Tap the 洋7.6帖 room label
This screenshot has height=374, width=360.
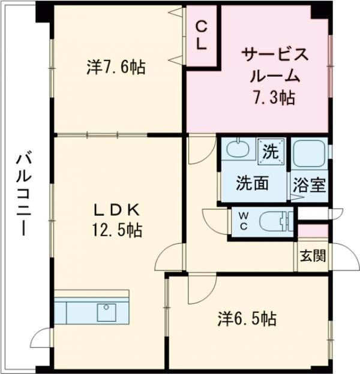(x=116, y=67)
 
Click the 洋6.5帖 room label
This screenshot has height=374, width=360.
(x=247, y=318)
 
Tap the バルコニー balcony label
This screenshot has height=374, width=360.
(x=23, y=195)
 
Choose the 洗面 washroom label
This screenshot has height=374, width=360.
(x=251, y=183)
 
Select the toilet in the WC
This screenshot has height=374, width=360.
(x=277, y=222)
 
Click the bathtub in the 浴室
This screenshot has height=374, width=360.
(x=309, y=154)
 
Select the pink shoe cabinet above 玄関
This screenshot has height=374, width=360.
(x=313, y=230)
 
